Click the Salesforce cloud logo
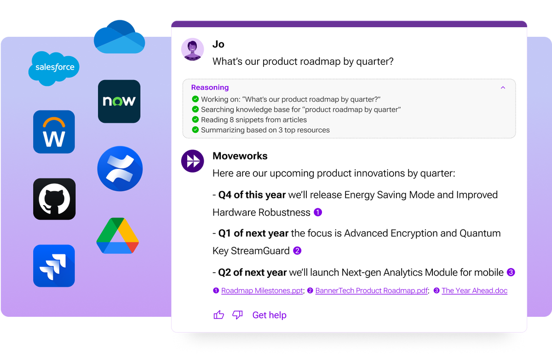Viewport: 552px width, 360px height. point(54,68)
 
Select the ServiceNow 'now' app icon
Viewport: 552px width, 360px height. point(119,101)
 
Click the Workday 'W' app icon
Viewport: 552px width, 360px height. point(54,132)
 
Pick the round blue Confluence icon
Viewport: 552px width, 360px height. point(120,169)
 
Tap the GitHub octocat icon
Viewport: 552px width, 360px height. point(54,199)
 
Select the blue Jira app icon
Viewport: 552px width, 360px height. point(54,266)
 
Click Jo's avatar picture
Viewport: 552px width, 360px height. point(192,49)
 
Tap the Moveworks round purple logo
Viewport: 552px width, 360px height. point(192,161)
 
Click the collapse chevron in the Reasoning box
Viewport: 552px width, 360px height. point(503,87)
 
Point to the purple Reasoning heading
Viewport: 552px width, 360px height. point(210,87)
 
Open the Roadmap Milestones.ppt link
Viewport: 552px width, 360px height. point(262,291)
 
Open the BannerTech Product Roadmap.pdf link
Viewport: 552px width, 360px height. point(372,291)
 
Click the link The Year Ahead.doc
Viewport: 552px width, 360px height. point(474,291)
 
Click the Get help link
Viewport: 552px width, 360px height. point(269,315)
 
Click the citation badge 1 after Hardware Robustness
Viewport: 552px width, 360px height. point(318,212)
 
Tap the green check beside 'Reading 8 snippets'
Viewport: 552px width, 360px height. point(195,120)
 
